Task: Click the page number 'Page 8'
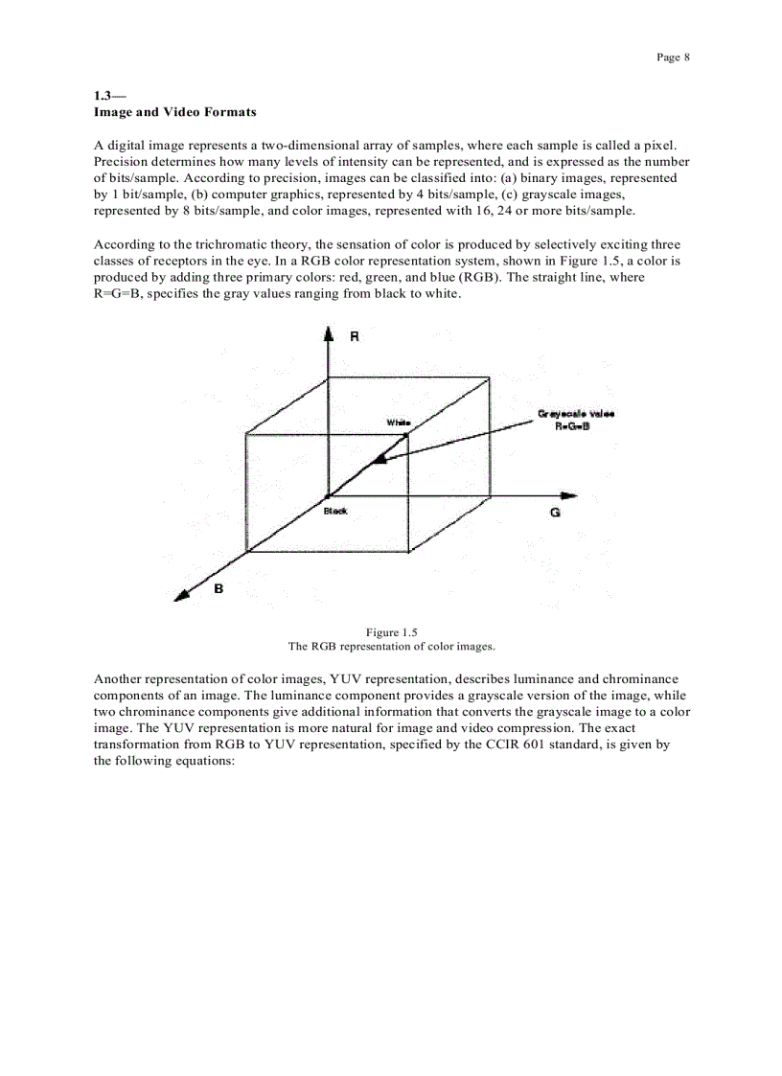coord(673,57)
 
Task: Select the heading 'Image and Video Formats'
coord(174,112)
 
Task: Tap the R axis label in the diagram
coord(355,338)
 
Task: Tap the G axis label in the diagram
coord(555,514)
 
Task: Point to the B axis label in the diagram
coord(218,588)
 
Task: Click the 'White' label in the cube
coord(398,423)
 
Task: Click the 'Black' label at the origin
coord(335,512)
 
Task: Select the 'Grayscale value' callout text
coord(575,414)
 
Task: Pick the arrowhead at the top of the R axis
coord(329,332)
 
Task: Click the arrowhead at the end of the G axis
coord(569,495)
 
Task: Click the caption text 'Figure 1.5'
coord(391,631)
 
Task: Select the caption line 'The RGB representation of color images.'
coord(391,646)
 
